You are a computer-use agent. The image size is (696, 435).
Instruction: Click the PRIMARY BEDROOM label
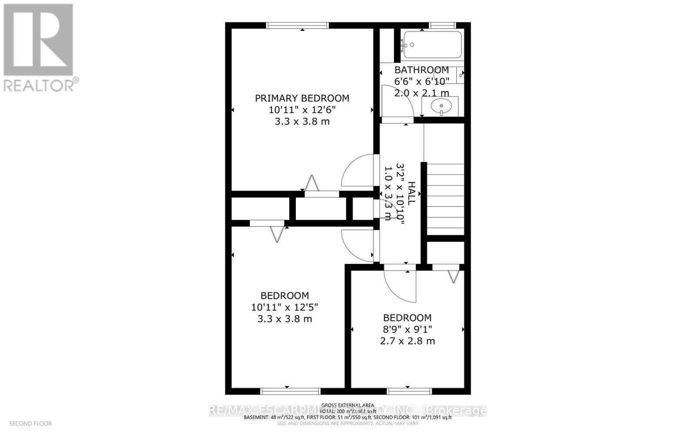302,98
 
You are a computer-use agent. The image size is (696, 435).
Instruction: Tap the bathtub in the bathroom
432,45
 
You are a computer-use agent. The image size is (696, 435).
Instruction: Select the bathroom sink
441,106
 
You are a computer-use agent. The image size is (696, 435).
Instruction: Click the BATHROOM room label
422,70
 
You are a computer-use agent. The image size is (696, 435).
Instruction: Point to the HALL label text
412,194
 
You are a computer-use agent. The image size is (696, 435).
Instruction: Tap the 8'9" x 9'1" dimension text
407,329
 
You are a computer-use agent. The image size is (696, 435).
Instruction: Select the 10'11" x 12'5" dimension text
284,307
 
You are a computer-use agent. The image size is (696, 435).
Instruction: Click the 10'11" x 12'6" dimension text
302,110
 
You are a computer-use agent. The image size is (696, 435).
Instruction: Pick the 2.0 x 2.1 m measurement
422,93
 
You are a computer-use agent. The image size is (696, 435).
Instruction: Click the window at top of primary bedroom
298,25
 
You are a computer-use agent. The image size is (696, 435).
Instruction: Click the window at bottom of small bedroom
409,391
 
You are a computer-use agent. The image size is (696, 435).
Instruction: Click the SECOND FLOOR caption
30,423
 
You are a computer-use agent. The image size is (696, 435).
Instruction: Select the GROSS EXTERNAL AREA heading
348,405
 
